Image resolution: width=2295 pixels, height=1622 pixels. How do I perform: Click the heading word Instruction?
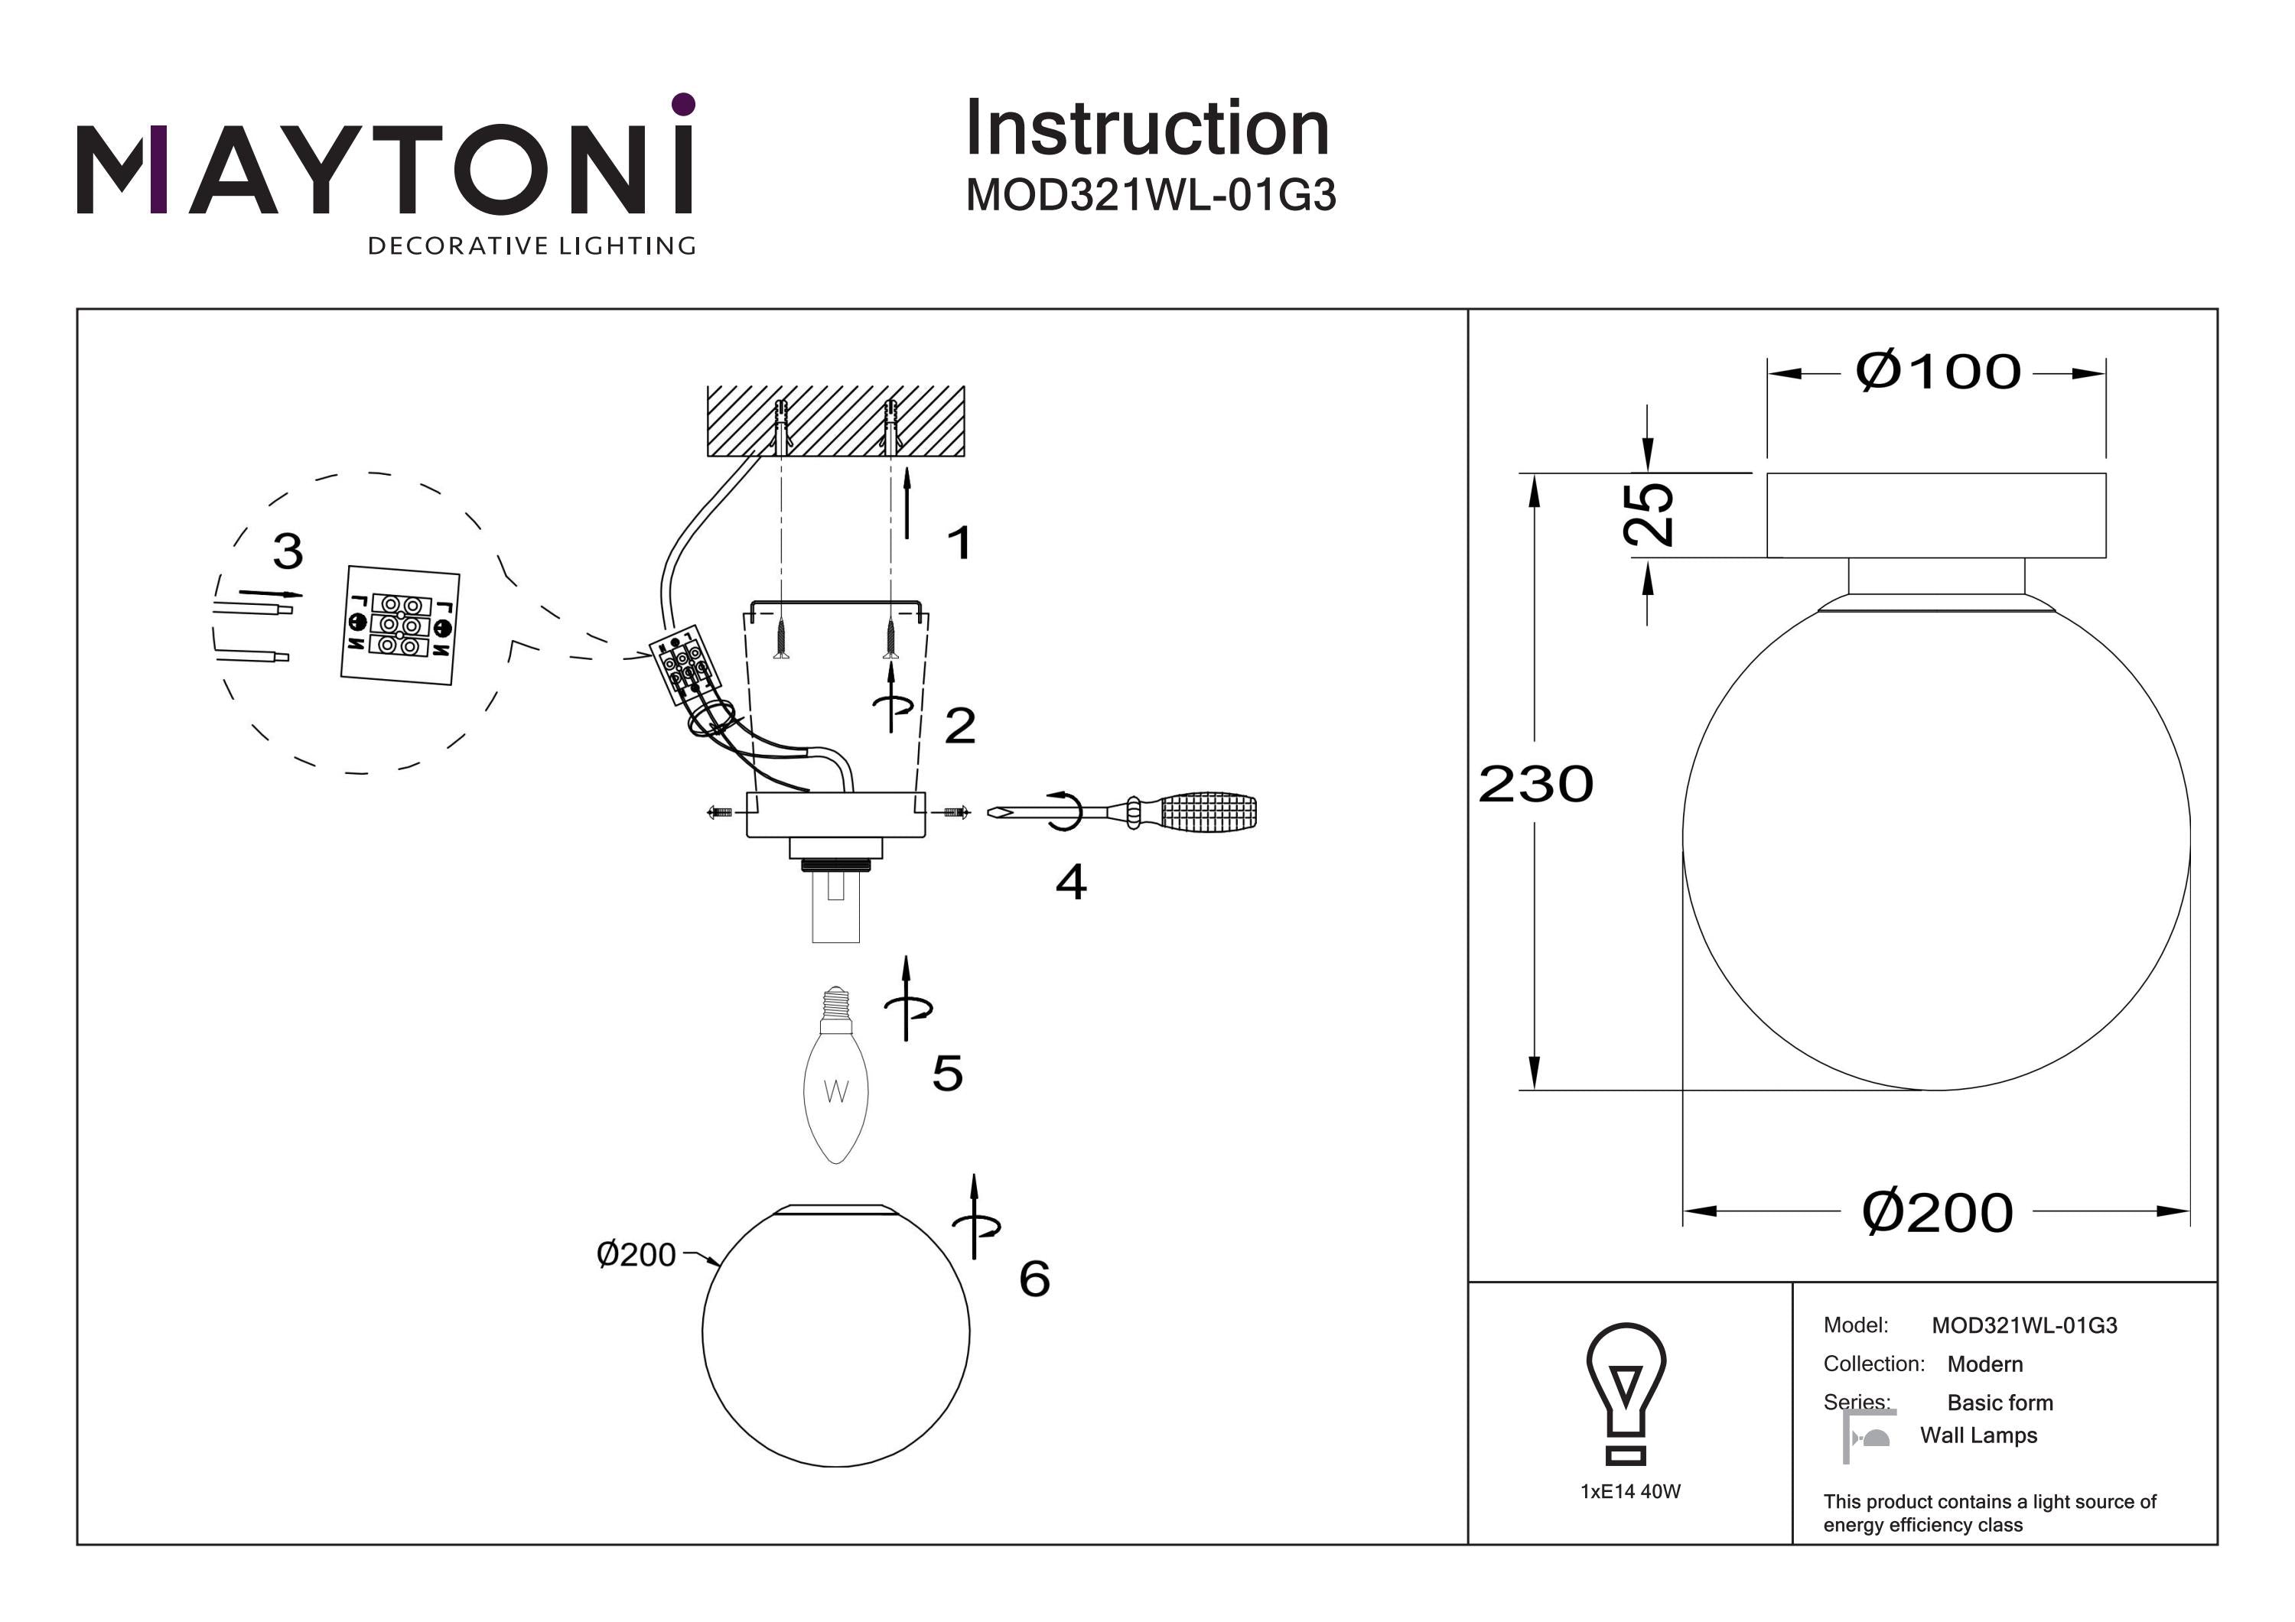click(1147, 129)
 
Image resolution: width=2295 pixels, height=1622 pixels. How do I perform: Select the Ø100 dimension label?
click(1937, 372)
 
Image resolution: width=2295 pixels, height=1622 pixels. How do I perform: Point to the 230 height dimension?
click(1535, 784)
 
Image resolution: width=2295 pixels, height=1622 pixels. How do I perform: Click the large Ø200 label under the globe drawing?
click(1936, 1212)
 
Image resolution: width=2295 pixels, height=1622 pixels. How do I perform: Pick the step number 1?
click(959, 543)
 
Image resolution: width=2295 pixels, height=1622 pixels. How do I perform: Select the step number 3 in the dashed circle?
click(288, 551)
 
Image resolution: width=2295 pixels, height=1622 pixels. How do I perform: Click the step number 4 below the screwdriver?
click(1070, 882)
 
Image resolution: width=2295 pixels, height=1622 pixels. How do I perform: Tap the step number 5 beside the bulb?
click(948, 1074)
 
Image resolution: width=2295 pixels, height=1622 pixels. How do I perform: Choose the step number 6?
click(1034, 1278)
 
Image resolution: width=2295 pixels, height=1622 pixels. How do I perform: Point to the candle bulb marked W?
click(835, 1076)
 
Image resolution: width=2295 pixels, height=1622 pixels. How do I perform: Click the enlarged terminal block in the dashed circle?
click(400, 626)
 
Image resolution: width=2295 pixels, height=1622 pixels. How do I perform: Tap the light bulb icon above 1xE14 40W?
click(1626, 1393)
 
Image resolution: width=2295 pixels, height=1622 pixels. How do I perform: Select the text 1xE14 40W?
click(1630, 1491)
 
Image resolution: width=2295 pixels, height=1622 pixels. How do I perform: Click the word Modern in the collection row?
click(1985, 1364)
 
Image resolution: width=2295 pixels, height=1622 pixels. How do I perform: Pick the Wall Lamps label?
click(1978, 1435)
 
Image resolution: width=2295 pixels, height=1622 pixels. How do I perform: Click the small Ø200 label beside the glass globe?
click(636, 1254)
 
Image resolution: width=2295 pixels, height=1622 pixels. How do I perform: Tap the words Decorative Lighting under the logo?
click(532, 245)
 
